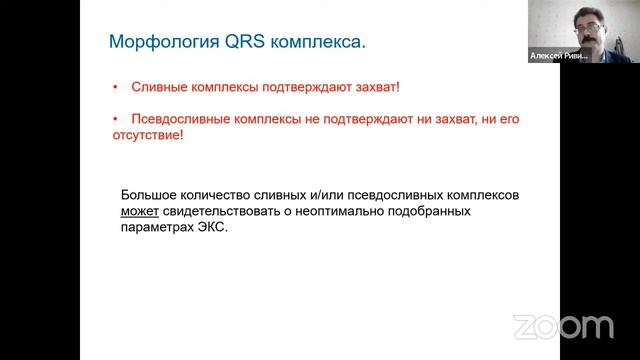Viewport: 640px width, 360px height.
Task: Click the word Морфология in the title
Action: pos(155,42)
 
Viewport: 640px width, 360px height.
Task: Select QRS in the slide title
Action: pos(227,42)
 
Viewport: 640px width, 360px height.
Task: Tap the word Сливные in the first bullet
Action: pos(158,88)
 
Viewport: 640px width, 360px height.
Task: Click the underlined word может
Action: pos(140,212)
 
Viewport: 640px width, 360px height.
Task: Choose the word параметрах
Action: pos(157,228)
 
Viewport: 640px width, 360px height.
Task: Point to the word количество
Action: pos(220,195)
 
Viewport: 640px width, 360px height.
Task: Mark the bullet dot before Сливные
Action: pos(115,88)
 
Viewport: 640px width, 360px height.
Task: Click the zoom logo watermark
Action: pos(563,326)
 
